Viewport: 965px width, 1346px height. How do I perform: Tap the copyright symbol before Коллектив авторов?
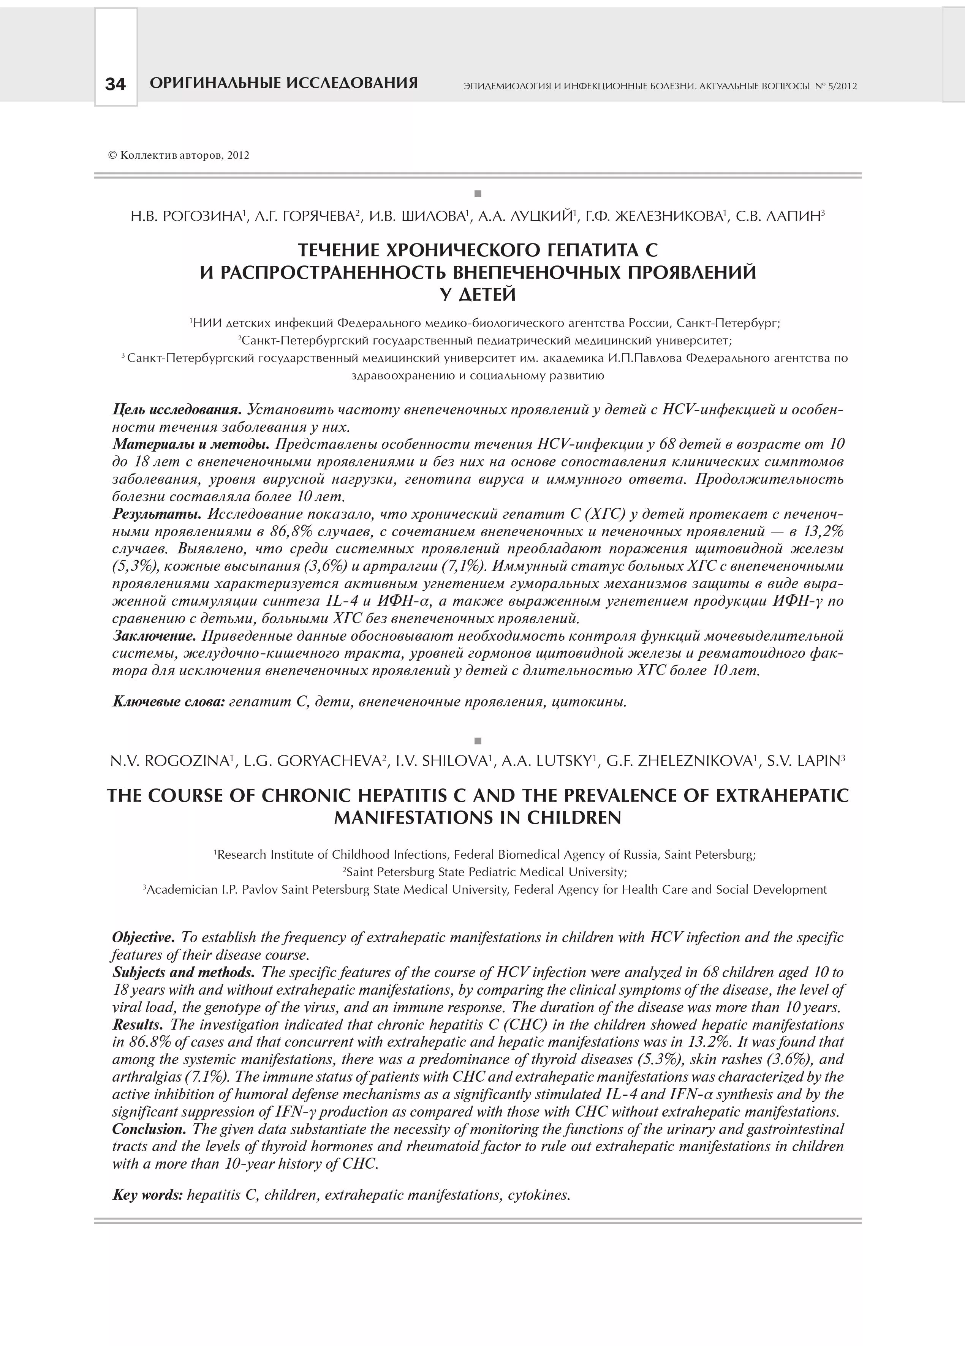click(x=112, y=155)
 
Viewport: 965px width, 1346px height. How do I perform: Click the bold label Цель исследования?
click(x=177, y=410)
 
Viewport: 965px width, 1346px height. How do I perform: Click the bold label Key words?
click(x=148, y=1195)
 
